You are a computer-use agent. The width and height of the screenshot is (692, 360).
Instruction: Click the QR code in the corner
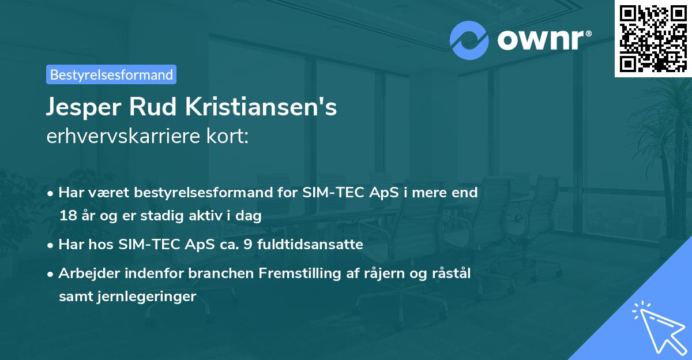point(653,38)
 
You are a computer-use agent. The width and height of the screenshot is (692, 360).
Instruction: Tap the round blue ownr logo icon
point(469,40)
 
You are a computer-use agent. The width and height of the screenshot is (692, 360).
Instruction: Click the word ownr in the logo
point(540,40)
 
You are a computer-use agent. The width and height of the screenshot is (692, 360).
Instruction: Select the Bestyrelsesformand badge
point(111,74)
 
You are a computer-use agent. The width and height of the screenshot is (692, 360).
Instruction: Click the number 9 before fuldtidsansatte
point(248,245)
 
